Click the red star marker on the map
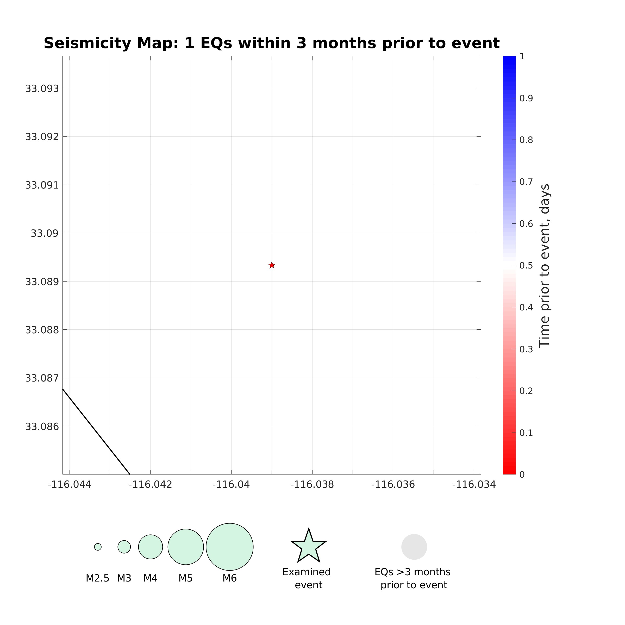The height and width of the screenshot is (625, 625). pos(272,265)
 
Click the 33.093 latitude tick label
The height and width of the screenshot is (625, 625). pos(42,88)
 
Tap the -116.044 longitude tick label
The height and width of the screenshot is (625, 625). pos(70,485)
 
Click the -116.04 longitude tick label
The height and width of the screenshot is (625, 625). pos(231,485)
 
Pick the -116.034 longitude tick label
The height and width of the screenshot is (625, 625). pos(474,485)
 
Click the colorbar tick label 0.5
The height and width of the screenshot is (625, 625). pos(526,266)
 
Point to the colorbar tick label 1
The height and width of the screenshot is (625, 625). pos(522,57)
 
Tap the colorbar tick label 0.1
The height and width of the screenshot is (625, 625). pos(526,433)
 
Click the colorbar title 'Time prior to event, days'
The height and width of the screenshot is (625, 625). pos(545,265)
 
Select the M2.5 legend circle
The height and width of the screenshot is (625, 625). pos(98,547)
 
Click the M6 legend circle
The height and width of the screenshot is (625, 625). pos(230,547)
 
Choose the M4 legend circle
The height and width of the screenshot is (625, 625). pos(151,547)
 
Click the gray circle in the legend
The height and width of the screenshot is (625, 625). pos(414,547)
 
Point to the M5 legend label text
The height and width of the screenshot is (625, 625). pos(185,578)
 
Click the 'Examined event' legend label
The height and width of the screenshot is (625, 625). pos(307,578)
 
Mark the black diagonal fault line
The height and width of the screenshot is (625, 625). pos(96,432)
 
